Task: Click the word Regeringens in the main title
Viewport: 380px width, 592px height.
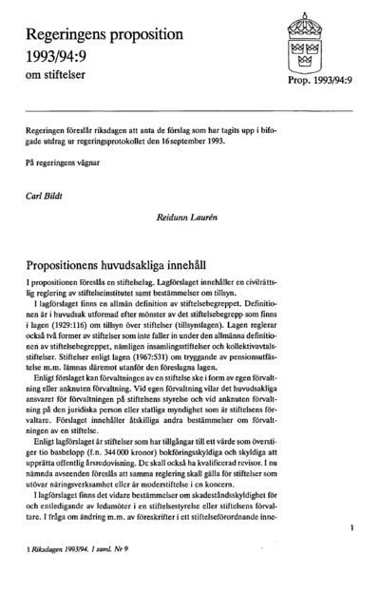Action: (x=71, y=35)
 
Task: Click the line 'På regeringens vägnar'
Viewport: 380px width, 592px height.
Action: (x=61, y=163)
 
